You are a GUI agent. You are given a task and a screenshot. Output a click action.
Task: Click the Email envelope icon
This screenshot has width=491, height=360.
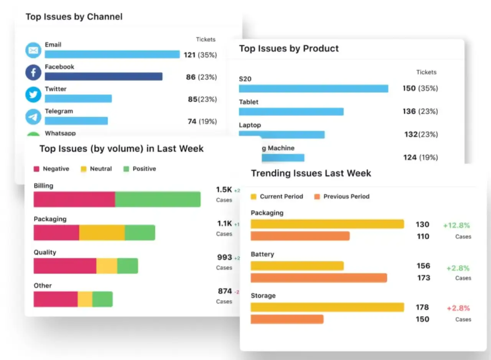pyautogui.click(x=33, y=50)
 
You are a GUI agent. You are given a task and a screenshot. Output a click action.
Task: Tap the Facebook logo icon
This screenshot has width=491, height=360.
pyautogui.click(x=33, y=72)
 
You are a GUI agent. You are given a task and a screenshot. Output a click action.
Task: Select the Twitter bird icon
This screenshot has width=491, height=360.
pyautogui.click(x=33, y=95)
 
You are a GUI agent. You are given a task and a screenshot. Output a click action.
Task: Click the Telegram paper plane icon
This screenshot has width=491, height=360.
pyautogui.click(x=33, y=117)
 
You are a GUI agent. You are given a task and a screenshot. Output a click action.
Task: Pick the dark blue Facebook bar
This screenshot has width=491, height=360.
pyautogui.click(x=104, y=77)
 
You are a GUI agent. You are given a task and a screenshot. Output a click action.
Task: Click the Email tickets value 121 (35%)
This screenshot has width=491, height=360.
pyautogui.click(x=200, y=55)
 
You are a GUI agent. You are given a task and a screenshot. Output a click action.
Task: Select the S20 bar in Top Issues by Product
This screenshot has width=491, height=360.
pyautogui.click(x=313, y=89)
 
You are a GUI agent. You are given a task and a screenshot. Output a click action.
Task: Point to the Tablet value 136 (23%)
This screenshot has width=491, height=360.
pyautogui.click(x=420, y=111)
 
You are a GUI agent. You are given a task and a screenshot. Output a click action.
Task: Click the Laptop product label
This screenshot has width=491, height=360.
pyautogui.click(x=250, y=125)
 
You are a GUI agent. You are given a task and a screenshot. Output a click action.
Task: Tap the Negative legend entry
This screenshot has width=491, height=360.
pyautogui.click(x=52, y=169)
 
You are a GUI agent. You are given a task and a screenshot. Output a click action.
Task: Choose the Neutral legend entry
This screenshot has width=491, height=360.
pyautogui.click(x=96, y=169)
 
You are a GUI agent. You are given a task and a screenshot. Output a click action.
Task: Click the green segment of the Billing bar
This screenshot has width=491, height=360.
pyautogui.click(x=158, y=199)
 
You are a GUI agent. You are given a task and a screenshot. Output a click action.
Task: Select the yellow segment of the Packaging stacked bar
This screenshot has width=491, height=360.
pyautogui.click(x=102, y=233)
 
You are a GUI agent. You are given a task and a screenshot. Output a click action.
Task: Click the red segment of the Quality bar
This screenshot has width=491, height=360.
pyautogui.click(x=65, y=266)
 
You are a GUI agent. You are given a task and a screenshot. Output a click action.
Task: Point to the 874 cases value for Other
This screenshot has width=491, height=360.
pyautogui.click(x=225, y=291)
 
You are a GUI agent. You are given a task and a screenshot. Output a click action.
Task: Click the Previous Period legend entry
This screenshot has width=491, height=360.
pyautogui.click(x=342, y=196)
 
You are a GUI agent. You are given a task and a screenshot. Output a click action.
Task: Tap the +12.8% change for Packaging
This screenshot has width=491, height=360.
pyautogui.click(x=456, y=225)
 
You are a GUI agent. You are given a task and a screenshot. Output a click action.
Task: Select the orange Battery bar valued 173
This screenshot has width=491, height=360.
pyautogui.click(x=319, y=278)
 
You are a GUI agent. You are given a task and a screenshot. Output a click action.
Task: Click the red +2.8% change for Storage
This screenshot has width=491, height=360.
pyautogui.click(x=458, y=308)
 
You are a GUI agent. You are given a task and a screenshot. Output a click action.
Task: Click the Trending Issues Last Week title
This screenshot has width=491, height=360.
pyautogui.click(x=311, y=173)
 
